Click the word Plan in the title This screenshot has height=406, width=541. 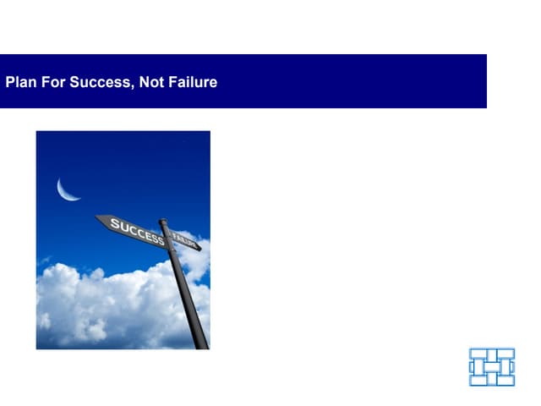pos(20,82)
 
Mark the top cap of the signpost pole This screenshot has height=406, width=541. pos(163,222)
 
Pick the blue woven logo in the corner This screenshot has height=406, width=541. pos(492,366)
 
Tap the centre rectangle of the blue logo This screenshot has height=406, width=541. pos(492,366)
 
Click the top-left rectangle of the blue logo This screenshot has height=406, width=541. pos(478,354)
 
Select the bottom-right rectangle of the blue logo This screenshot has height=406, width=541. pos(505,380)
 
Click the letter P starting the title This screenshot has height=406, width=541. pos(9,82)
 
